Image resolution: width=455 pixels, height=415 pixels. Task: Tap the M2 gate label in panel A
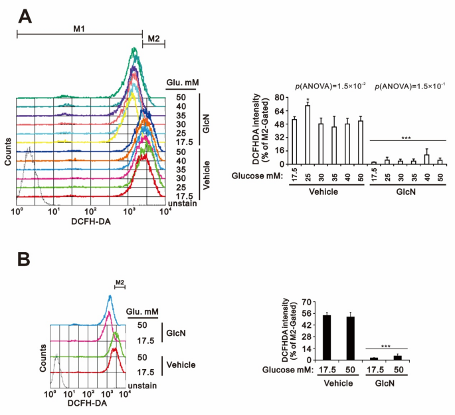tap(153, 39)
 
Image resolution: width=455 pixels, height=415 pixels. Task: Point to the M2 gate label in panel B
tap(120, 283)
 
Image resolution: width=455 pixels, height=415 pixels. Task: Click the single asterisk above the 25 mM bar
tap(308, 101)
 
